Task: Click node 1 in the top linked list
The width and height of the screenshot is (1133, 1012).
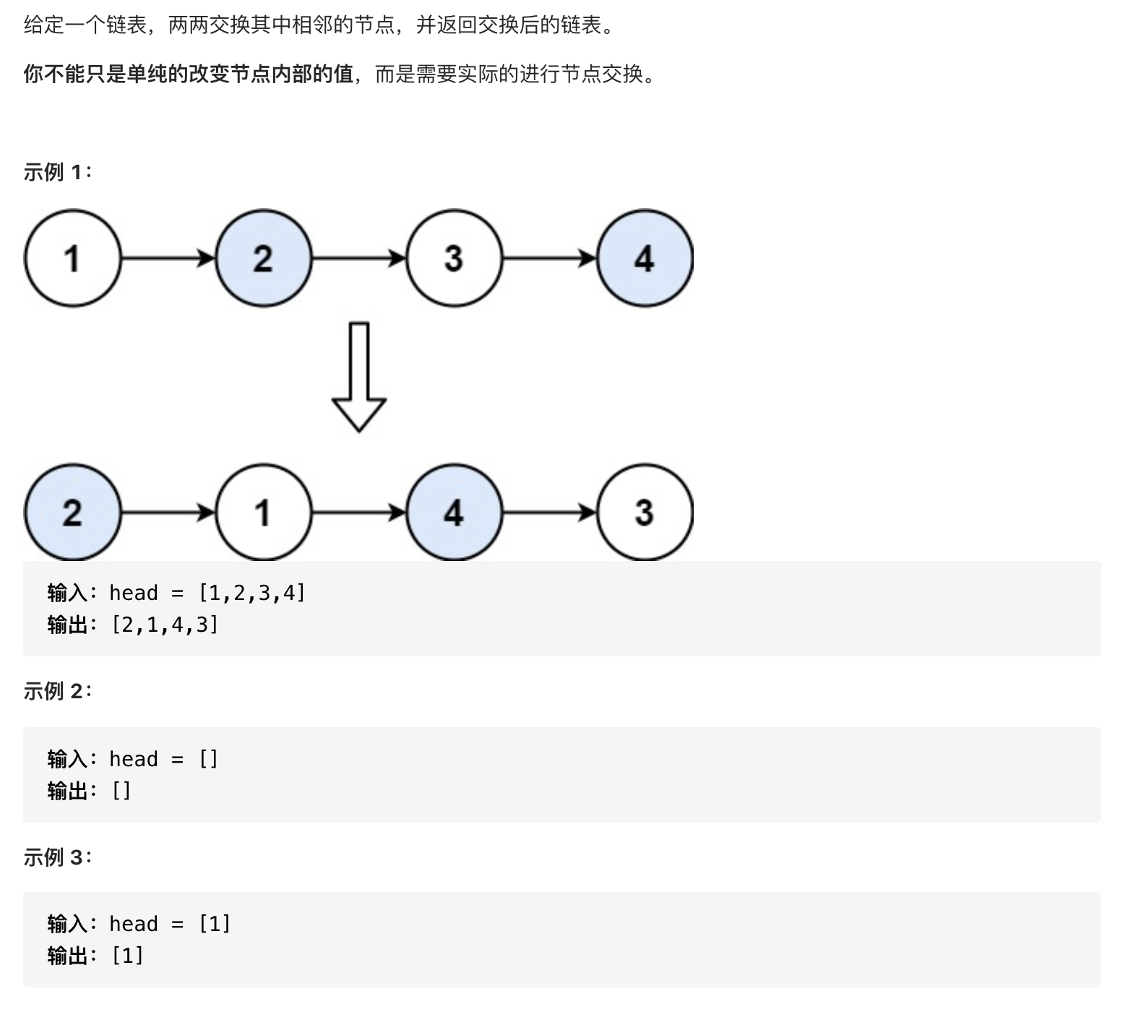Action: point(72,258)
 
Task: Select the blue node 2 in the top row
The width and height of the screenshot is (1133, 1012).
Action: point(263,258)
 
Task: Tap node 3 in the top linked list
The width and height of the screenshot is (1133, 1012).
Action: point(454,258)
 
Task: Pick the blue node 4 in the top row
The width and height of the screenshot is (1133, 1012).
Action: point(645,258)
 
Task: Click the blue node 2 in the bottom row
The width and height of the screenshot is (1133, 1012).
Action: point(72,513)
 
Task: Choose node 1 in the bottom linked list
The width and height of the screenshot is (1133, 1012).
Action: point(263,513)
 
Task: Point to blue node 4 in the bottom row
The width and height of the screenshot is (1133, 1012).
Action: point(454,513)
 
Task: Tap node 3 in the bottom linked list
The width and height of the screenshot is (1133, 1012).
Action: point(645,513)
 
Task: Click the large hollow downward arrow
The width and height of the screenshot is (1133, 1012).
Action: point(359,377)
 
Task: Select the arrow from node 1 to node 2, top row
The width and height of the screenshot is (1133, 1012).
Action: point(168,258)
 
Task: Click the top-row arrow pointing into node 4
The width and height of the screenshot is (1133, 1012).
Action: point(549,258)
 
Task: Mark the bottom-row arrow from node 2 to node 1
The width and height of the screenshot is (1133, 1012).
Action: point(168,513)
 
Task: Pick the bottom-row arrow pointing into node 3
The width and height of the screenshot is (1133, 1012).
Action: point(549,513)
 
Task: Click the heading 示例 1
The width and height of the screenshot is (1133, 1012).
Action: point(58,172)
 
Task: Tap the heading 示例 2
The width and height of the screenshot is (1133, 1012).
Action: point(58,691)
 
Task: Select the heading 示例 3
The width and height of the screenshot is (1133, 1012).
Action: point(58,857)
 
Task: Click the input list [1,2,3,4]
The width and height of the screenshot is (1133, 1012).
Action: point(252,593)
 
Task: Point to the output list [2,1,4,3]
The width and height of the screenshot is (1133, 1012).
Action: point(165,625)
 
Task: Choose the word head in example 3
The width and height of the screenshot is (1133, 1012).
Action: point(134,924)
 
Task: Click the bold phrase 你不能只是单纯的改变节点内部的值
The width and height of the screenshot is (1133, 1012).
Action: point(189,74)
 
